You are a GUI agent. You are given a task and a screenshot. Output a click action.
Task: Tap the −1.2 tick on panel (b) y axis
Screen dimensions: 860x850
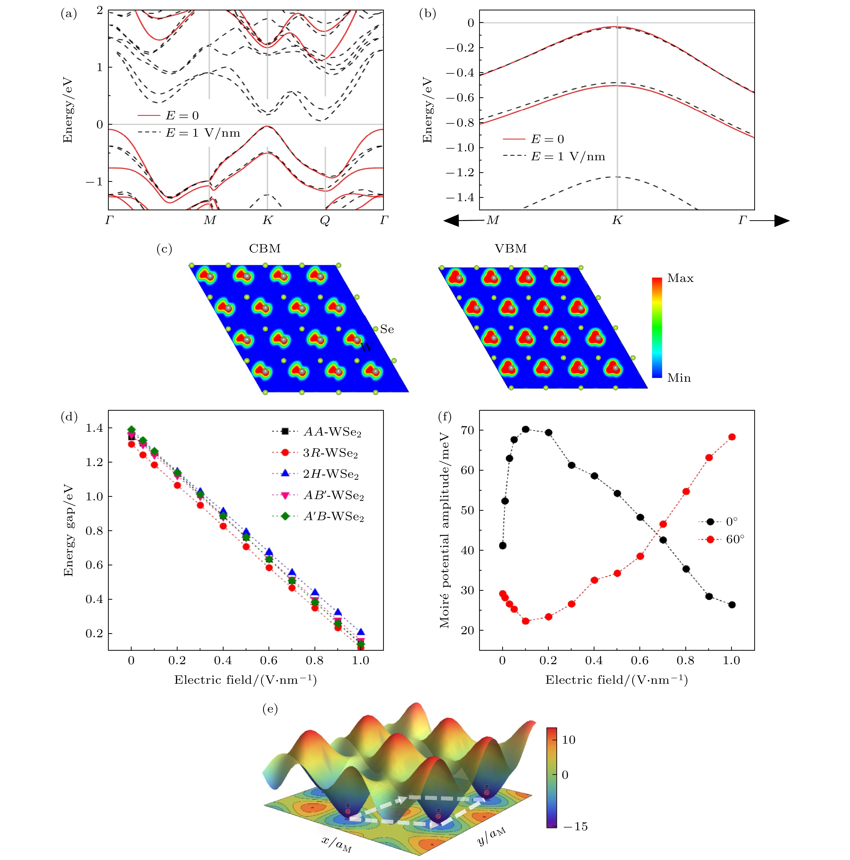460,173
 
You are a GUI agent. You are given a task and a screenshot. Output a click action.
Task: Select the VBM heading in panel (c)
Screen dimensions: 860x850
510,248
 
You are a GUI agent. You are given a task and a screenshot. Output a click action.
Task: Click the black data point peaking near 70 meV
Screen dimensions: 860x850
525,429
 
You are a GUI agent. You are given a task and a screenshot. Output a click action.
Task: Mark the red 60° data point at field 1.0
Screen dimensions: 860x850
732,437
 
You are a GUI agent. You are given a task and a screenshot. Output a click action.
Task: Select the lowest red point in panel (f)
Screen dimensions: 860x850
525,621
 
